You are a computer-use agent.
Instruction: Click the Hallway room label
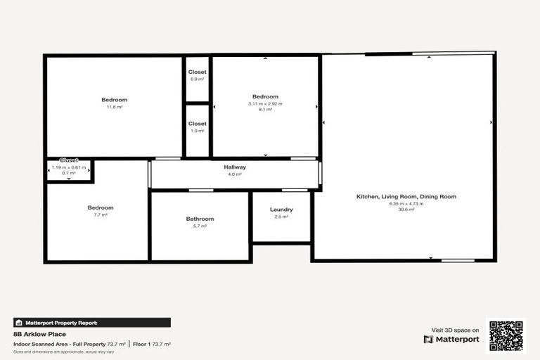(x=235, y=167)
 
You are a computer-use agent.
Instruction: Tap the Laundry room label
(x=281, y=210)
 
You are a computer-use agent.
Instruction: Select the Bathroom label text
(x=200, y=219)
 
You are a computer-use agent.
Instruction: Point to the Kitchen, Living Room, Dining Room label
(x=406, y=197)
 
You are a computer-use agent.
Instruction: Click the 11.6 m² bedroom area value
(x=115, y=107)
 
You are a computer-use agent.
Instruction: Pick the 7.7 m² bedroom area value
(x=101, y=214)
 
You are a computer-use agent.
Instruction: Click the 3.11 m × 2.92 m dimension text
(x=265, y=103)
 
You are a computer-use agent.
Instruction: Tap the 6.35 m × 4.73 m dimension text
(x=406, y=203)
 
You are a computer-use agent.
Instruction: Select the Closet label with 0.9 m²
(x=198, y=72)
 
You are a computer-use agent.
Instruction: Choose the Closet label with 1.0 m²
(x=198, y=124)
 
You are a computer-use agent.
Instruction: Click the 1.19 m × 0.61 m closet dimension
(x=69, y=167)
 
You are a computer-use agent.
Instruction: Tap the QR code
(x=506, y=335)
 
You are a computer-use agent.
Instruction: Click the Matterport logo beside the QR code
(x=451, y=339)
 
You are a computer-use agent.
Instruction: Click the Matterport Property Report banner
(x=92, y=323)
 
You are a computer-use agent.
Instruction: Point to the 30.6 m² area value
(x=406, y=210)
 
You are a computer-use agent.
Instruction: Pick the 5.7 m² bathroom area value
(x=200, y=226)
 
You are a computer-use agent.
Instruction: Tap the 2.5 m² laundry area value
(x=281, y=217)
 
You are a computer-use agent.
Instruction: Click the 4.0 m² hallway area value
(x=235, y=174)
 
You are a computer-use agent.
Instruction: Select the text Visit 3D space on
(x=455, y=330)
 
